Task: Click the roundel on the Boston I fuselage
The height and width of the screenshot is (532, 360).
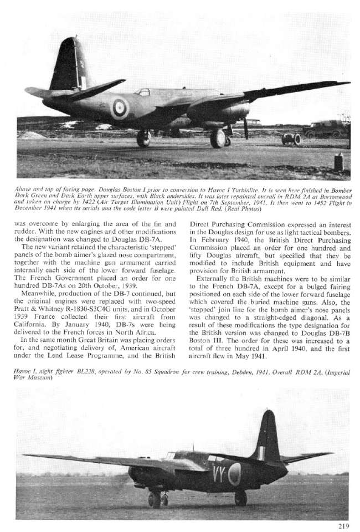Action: tap(119, 108)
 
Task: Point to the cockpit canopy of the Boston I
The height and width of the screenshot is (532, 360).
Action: tap(142, 92)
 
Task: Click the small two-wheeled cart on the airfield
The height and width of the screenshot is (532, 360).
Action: tap(291, 139)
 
